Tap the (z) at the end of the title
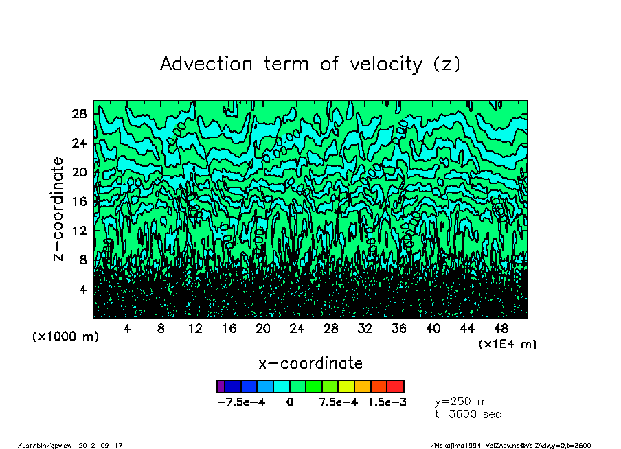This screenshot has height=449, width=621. click(447, 64)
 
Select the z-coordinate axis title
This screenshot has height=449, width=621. click(58, 209)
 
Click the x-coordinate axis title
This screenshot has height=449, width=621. click(310, 362)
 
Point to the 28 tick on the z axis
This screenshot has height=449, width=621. click(80, 114)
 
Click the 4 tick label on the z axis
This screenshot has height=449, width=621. click(84, 289)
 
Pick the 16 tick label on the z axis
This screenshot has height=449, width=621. click(80, 201)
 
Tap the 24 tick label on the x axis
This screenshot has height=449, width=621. click(297, 329)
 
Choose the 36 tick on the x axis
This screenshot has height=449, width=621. click(398, 329)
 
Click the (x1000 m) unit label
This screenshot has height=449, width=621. click(66, 337)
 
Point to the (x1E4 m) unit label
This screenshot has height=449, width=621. click(507, 343)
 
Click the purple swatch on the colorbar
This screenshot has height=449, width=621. click(221, 387)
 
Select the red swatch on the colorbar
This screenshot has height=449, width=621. click(396, 387)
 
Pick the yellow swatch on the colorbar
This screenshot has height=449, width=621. click(346, 387)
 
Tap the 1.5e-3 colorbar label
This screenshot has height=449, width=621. click(387, 402)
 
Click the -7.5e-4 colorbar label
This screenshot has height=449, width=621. click(241, 402)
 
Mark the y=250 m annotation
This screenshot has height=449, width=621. click(461, 401)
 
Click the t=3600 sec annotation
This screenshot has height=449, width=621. click(468, 414)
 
